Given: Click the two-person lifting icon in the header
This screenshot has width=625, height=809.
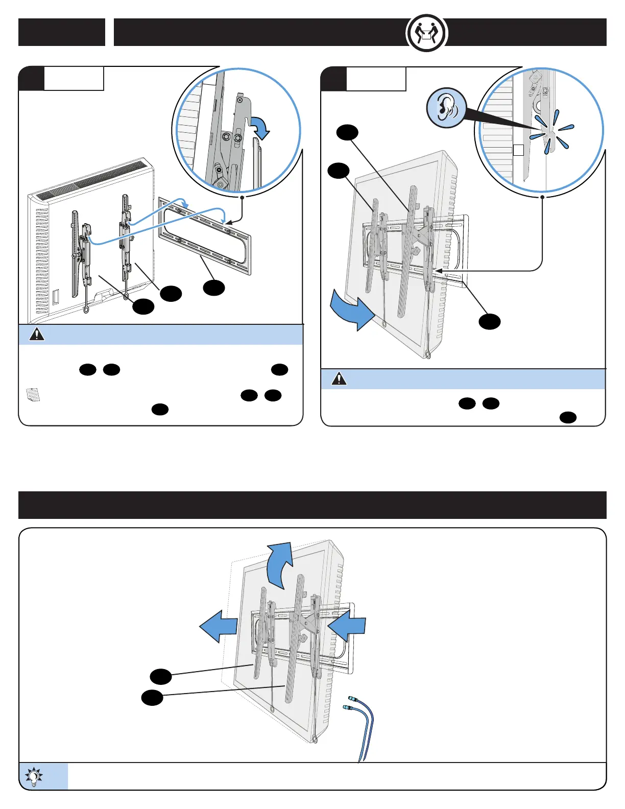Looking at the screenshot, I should coord(426,33).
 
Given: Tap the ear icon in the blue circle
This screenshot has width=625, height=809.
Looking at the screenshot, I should coord(447,108).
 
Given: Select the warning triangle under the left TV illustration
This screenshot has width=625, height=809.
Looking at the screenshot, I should coord(37,335).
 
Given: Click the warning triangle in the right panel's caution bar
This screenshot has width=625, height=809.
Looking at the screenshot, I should coord(339,379).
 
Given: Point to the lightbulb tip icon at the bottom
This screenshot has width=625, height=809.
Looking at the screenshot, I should coord(34,776).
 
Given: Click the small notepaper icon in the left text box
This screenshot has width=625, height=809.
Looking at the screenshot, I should coord(33,395).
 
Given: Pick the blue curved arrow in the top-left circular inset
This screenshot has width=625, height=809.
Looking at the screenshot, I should coord(259,127).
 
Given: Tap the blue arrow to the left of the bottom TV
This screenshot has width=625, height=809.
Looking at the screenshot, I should coord(218,626).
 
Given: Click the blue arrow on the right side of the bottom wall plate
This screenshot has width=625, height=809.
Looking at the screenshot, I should coord(348,626).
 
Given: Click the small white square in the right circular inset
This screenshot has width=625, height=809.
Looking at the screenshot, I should coord(518,150).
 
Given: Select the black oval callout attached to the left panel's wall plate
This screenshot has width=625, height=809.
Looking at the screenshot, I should coord(214,288).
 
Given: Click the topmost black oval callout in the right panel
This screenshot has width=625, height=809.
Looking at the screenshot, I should coord(347,133).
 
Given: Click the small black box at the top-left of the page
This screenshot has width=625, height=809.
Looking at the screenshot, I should coord(62,32).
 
